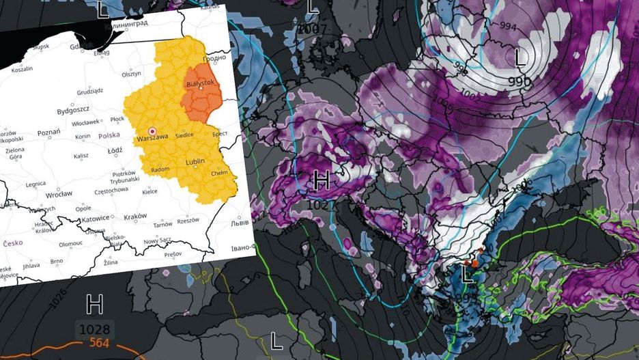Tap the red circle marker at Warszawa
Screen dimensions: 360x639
[x=152, y=130]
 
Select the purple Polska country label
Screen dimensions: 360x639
[x=109, y=136]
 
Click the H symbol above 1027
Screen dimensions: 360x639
[x=322, y=182]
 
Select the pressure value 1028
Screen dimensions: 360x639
[x=94, y=329]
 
